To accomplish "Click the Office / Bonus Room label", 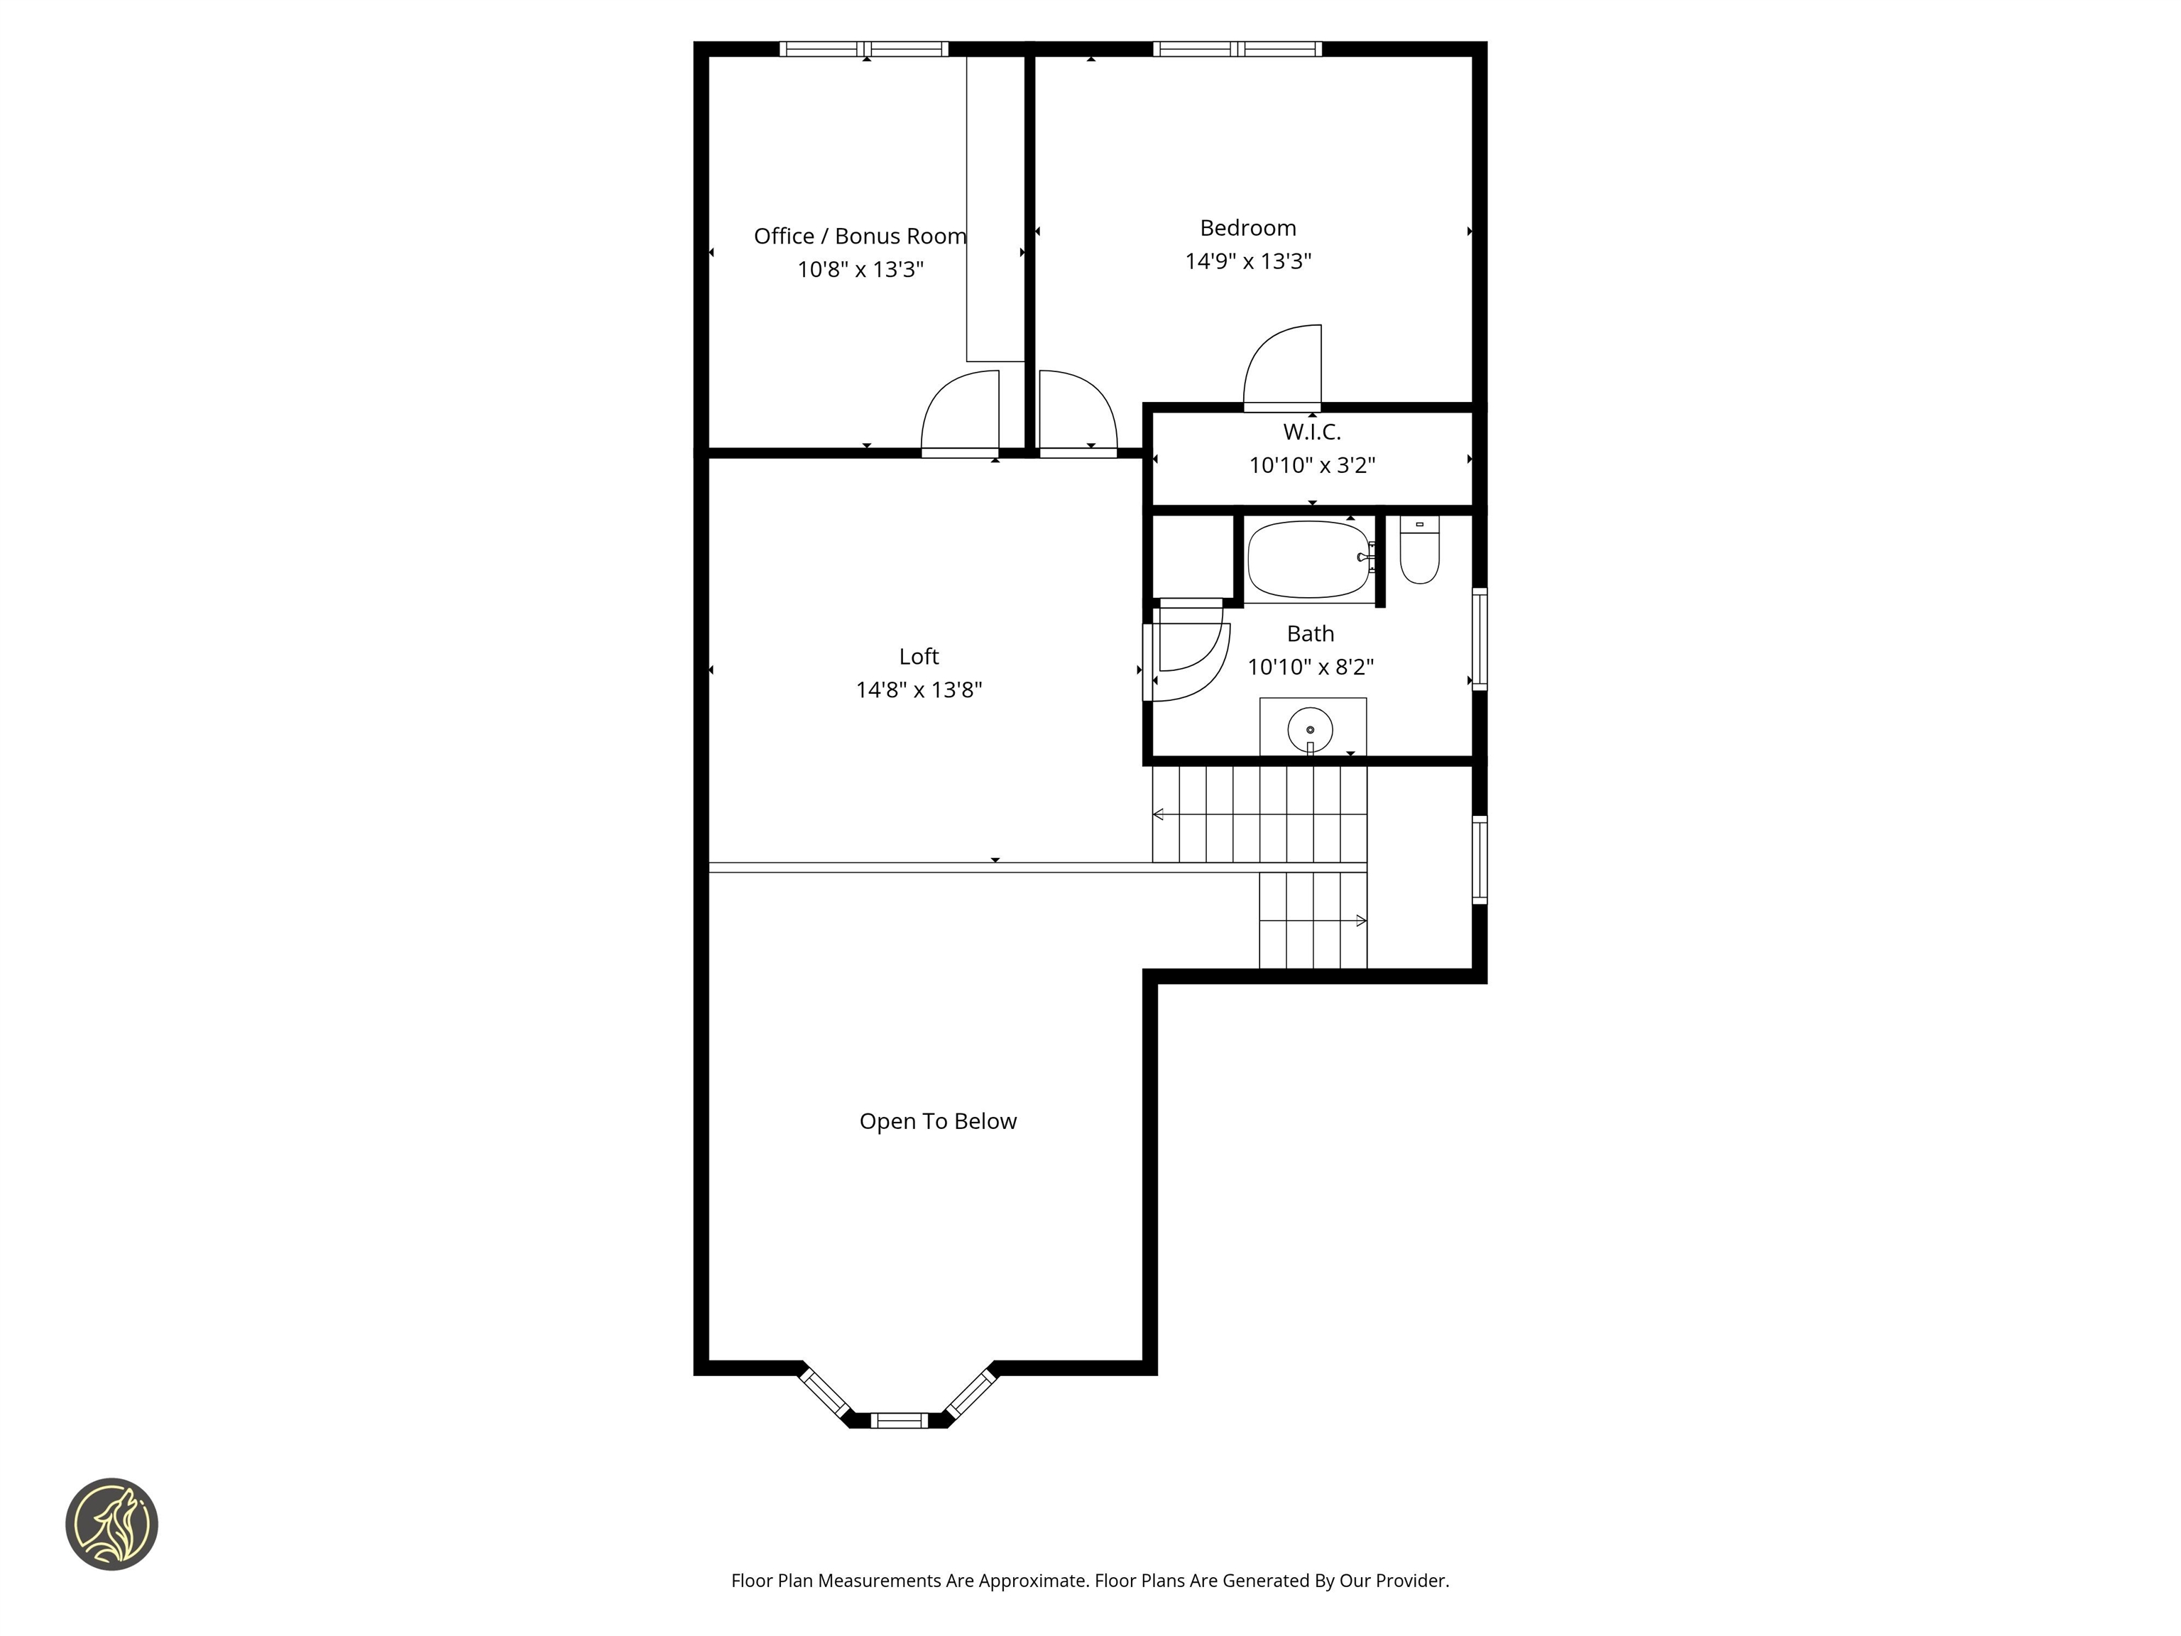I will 860,236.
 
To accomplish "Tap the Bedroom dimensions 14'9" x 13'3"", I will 1247,261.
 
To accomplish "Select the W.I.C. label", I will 1311,432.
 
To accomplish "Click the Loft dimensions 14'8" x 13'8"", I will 918,689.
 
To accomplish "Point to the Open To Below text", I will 938,1121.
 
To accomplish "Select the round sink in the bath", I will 1311,730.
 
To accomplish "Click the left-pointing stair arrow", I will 1159,814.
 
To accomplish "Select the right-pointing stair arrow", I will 1361,921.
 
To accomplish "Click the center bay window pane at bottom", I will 900,1420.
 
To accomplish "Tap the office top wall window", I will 864,49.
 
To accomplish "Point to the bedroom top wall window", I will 1237,49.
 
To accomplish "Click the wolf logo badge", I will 111,1524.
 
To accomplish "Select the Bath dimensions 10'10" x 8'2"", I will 1311,667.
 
